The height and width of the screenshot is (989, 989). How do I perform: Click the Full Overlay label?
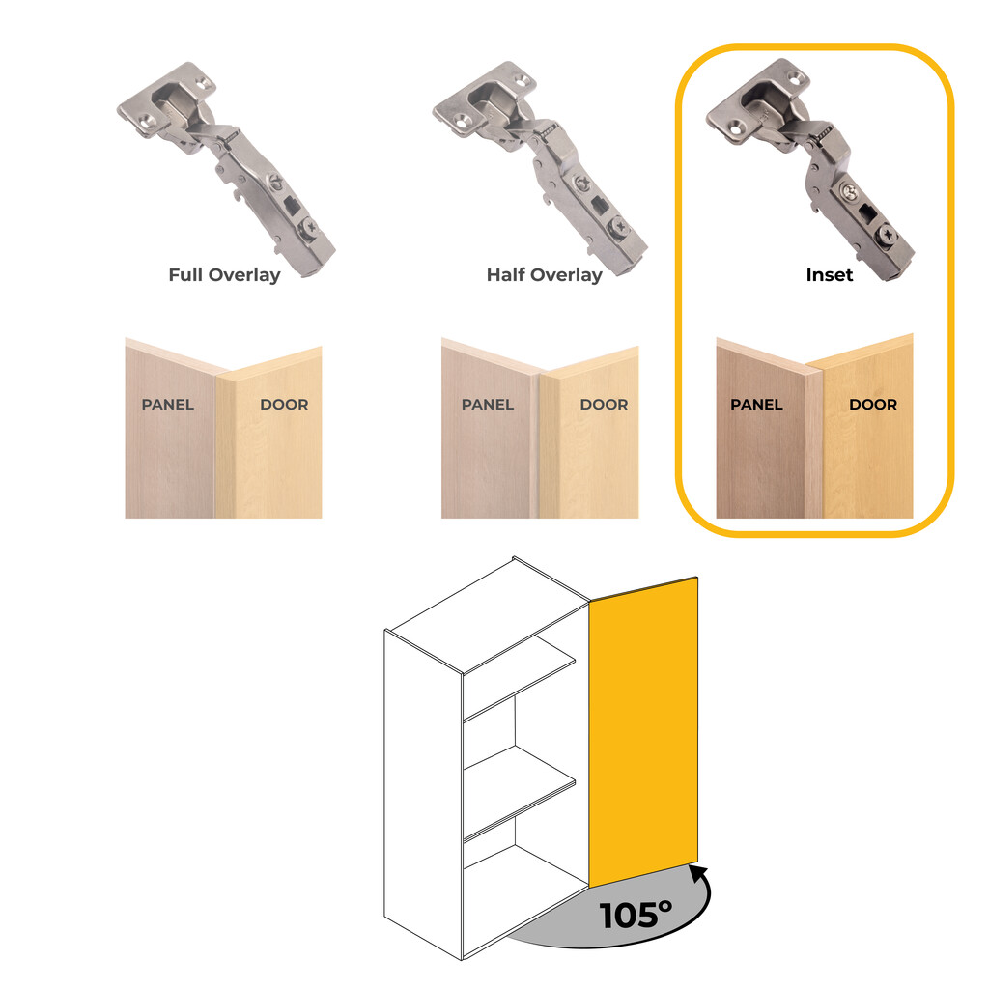(x=224, y=274)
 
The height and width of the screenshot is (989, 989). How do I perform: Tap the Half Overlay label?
(x=544, y=274)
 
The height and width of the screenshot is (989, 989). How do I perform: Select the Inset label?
(x=830, y=274)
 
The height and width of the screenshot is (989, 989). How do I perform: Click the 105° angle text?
(x=635, y=914)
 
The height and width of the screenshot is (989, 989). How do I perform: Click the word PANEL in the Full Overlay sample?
(x=168, y=404)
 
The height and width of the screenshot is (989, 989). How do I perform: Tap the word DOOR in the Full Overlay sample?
(x=284, y=404)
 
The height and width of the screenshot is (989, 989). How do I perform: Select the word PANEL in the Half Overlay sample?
(x=488, y=404)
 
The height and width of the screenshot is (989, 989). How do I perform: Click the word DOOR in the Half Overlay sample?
(x=605, y=404)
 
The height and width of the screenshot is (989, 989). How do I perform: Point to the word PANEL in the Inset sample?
(x=756, y=404)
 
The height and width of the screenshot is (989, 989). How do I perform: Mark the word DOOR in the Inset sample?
(x=873, y=404)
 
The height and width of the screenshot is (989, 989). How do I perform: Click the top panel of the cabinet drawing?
(x=488, y=614)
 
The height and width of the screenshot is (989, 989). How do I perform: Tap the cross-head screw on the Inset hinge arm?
(x=886, y=235)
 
